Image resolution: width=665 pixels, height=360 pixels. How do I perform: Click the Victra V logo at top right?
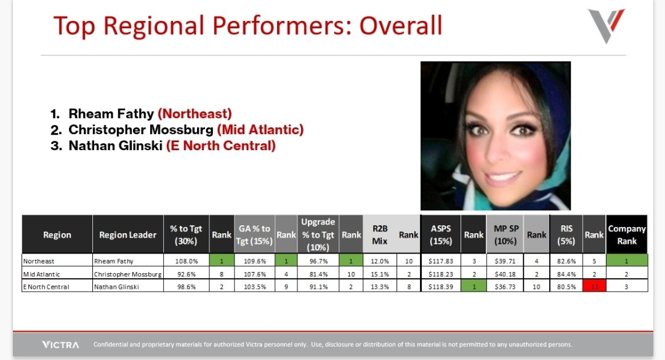click(606, 25)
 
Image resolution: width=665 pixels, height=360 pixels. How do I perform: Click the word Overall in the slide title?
click(401, 26)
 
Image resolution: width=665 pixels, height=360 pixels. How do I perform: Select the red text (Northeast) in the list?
click(195, 114)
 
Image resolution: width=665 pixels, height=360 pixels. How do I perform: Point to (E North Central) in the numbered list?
click(220, 146)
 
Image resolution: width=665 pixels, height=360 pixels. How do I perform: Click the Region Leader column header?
click(127, 234)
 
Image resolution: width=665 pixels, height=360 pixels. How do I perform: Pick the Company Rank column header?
click(626, 234)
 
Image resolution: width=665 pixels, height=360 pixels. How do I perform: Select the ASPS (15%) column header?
click(440, 234)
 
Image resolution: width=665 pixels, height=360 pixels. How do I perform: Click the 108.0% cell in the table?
click(186, 261)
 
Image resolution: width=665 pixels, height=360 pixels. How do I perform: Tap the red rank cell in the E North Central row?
click(594, 287)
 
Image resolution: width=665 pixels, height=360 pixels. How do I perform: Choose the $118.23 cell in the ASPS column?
click(440, 274)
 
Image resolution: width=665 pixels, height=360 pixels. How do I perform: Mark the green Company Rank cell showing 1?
click(626, 261)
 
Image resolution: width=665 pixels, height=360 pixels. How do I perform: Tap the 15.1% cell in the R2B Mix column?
click(379, 274)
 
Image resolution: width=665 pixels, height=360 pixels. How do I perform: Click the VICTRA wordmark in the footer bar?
click(60, 345)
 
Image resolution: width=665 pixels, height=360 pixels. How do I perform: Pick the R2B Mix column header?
click(379, 234)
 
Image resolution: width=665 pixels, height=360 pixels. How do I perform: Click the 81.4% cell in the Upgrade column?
click(318, 274)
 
